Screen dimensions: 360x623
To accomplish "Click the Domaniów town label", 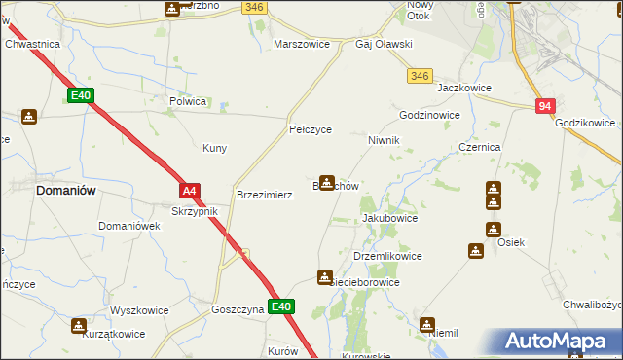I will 65,191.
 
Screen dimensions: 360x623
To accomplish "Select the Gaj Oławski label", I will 385,45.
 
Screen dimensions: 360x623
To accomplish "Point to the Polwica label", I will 188,100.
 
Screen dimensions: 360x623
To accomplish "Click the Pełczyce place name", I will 311,128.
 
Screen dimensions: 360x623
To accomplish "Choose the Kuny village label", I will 214,148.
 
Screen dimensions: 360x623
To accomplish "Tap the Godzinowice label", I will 428,114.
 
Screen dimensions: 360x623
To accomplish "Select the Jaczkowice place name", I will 463,88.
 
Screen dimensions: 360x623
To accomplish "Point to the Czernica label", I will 479,147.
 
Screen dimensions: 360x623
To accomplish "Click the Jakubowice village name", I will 389,218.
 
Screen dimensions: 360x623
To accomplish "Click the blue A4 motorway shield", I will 190,192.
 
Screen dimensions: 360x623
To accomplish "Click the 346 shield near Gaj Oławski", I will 421,75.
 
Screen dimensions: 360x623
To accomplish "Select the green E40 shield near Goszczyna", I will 280,307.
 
